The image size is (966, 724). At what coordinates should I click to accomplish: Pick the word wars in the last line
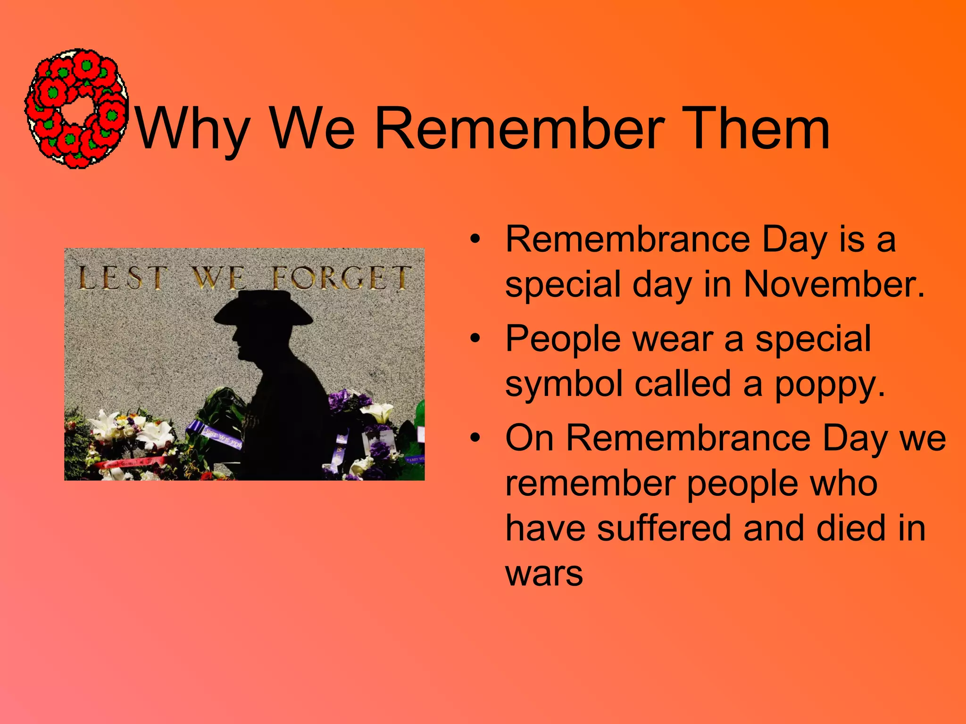click(544, 574)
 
